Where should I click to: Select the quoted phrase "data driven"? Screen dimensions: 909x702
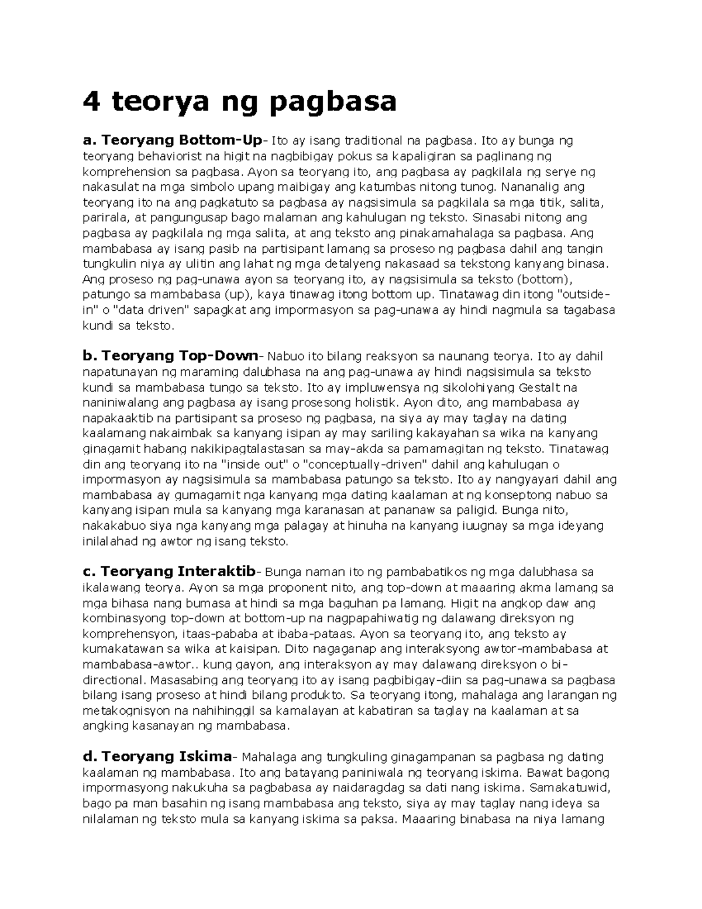pyautogui.click(x=138, y=310)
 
